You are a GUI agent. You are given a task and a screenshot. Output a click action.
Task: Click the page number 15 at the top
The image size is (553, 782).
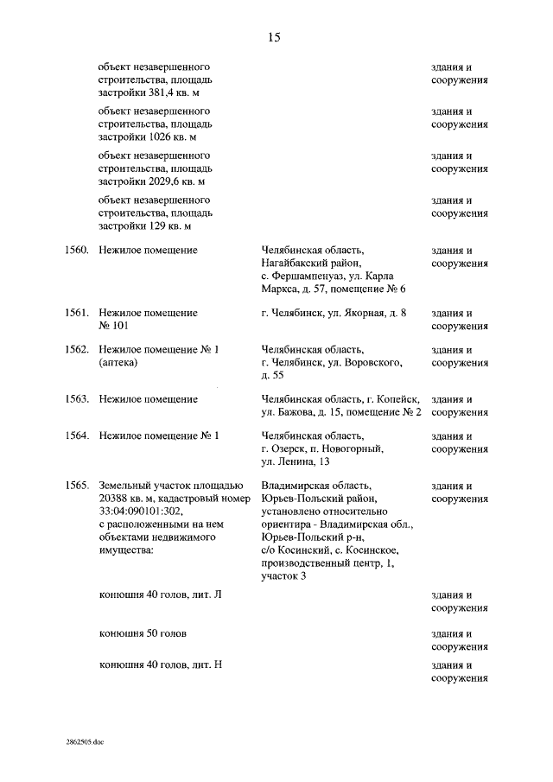[x=274, y=37]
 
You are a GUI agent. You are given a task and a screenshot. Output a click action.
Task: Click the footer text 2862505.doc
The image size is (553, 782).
[x=84, y=741]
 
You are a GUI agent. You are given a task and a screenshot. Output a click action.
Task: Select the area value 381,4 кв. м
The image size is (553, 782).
[x=176, y=93]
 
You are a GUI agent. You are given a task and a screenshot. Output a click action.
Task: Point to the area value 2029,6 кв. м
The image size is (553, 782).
[x=176, y=181]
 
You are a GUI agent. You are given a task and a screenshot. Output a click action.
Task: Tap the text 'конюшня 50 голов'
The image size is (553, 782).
[x=143, y=633]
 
